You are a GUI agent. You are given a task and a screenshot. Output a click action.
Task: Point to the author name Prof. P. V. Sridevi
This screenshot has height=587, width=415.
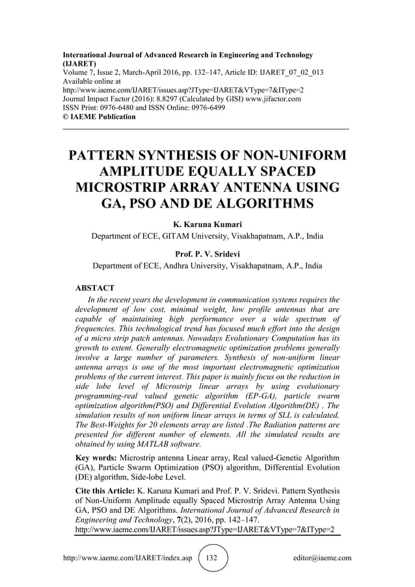[x=207, y=254]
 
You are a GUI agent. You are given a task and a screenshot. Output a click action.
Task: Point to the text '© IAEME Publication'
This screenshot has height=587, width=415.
[x=99, y=117]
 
